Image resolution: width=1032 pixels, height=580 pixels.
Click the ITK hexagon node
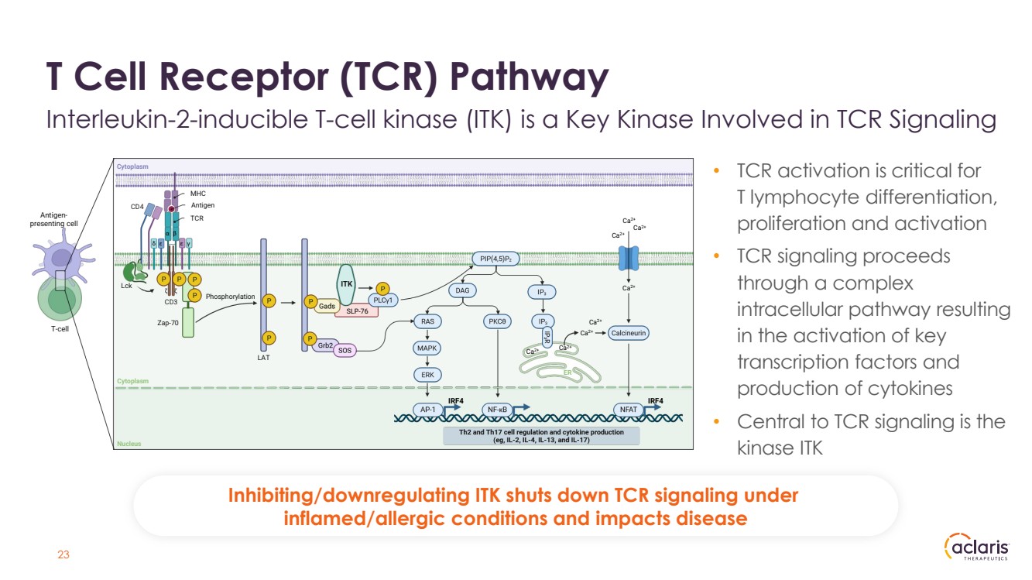[x=348, y=284]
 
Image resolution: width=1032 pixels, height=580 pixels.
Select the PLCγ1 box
[x=382, y=300]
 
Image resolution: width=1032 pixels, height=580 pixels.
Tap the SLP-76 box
[x=357, y=311]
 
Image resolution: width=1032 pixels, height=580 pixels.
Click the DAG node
[x=462, y=290]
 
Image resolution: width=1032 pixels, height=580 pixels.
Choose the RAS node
[x=427, y=321]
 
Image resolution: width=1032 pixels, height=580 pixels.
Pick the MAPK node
[x=427, y=348]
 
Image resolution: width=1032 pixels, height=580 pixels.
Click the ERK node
[x=427, y=375]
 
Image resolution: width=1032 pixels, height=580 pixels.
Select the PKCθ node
[x=498, y=321]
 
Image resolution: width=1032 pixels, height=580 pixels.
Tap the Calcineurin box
[x=628, y=333]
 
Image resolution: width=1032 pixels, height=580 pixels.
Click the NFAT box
[x=628, y=409]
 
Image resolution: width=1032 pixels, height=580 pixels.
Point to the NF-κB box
[x=496, y=409]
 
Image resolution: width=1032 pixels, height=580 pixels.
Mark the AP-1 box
[x=427, y=409]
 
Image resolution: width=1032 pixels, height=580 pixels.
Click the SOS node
[x=345, y=351]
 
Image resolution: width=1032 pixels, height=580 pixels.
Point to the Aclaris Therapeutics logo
[x=977, y=548]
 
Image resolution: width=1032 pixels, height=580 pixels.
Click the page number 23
[x=64, y=554]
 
